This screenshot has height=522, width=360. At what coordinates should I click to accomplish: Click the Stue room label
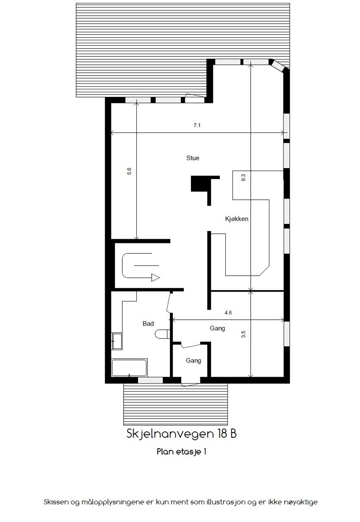coord(193,158)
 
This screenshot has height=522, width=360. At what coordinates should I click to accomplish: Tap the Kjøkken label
coord(236,219)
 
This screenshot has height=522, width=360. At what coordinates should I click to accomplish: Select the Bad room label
coord(148,323)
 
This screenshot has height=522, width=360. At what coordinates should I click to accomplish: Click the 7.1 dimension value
coord(197,125)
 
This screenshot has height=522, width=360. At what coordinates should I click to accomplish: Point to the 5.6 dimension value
coord(129,171)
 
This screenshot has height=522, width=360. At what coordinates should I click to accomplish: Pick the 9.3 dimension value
coord(243,178)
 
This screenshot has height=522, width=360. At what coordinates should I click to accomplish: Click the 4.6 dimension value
coord(228,313)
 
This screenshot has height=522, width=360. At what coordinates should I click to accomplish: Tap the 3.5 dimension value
coord(243,335)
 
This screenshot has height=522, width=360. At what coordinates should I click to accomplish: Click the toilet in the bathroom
coord(162,334)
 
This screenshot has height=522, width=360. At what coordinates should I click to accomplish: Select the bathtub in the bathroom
coord(129,367)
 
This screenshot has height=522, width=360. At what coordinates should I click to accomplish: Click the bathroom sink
coord(116,341)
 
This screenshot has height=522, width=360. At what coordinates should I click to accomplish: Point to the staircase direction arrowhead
coord(155,278)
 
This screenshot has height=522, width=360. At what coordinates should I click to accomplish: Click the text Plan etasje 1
coord(181,452)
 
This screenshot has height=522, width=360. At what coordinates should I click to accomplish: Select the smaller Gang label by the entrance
coord(193,361)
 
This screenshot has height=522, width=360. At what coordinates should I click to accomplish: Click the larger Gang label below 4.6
coord(217,328)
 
